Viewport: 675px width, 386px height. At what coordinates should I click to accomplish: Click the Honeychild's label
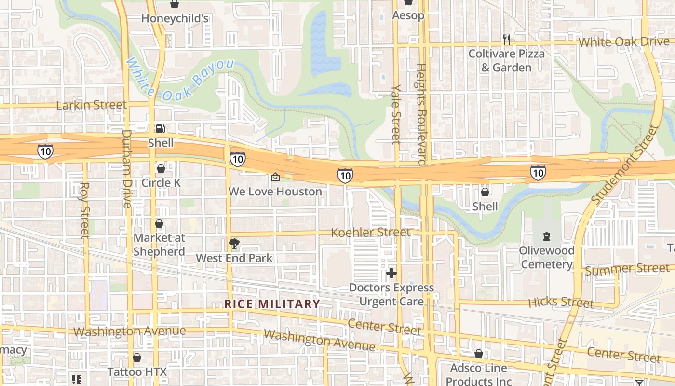click(x=175, y=18)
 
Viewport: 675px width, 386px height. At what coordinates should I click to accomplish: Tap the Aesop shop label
click(x=408, y=15)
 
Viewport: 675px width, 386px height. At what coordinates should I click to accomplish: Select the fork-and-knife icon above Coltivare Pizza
click(x=506, y=40)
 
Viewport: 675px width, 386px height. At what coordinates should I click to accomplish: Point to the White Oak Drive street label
click(x=624, y=42)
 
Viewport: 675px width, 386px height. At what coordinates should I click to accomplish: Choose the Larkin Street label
click(x=91, y=105)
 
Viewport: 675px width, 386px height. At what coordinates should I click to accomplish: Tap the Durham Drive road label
click(x=127, y=168)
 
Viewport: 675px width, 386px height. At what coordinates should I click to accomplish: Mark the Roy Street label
click(x=85, y=209)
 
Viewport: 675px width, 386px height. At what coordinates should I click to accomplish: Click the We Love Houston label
click(x=275, y=192)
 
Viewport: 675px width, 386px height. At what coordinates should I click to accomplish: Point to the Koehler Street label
click(x=370, y=233)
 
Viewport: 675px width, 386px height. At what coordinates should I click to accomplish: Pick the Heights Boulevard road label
click(x=421, y=114)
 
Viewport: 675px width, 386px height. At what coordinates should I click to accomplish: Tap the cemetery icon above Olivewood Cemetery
click(x=546, y=236)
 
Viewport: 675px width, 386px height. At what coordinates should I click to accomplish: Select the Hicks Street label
click(x=561, y=303)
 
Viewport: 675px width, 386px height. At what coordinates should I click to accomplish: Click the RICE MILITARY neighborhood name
click(x=272, y=304)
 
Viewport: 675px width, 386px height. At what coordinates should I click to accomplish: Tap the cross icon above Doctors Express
click(x=391, y=274)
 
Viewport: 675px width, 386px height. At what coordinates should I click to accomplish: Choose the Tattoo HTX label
click(x=137, y=372)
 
